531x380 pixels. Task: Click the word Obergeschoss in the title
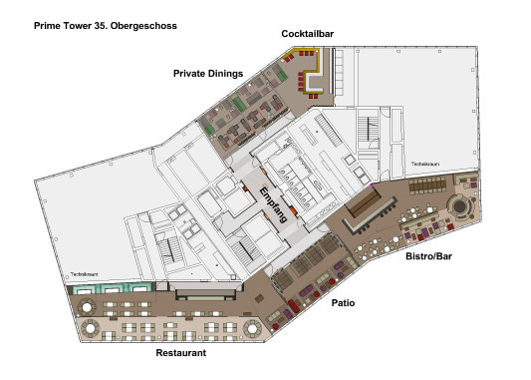[143, 26]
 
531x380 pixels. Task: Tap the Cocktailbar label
[308, 34]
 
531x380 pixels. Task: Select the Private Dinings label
[208, 74]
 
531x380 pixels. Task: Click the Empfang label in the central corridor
[274, 204]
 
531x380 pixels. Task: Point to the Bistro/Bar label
[428, 256]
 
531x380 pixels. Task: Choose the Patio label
[343, 303]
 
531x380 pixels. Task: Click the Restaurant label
[181, 353]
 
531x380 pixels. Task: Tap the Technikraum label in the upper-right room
[425, 164]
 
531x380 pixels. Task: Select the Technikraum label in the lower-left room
[84, 274]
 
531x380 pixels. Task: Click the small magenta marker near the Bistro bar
[371, 186]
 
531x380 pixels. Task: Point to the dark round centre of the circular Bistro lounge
[459, 205]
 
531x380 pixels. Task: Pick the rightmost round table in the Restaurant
[252, 328]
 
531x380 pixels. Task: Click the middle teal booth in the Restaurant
[112, 288]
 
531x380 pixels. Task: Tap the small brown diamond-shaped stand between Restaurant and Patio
[259, 298]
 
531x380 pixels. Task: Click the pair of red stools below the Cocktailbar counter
[314, 97]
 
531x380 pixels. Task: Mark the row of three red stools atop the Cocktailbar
[306, 54]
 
